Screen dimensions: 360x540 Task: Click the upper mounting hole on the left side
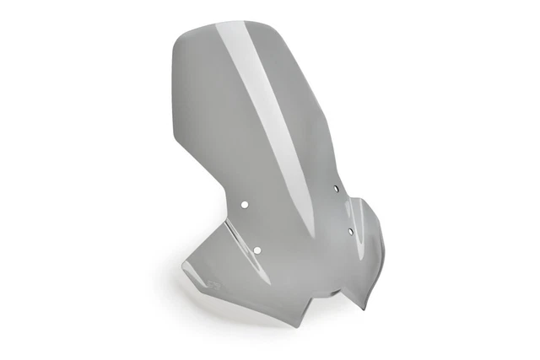(244, 203)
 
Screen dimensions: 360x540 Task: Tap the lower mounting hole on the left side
(257, 248)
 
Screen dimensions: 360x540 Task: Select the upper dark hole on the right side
(335, 189)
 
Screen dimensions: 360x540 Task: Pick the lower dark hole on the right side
(350, 229)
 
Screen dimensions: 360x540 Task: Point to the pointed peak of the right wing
(363, 200)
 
